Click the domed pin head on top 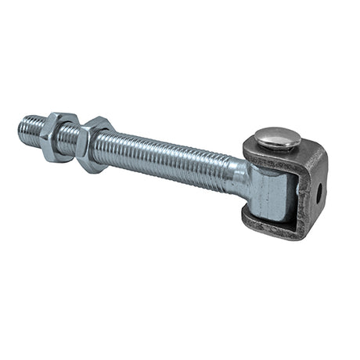(x=277, y=139)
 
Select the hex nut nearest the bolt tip (x=57, y=136)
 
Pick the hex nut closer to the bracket (x=92, y=144)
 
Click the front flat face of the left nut (x=52, y=146)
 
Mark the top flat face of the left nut (x=61, y=120)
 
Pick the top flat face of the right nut (x=98, y=125)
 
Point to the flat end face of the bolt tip (x=21, y=124)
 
